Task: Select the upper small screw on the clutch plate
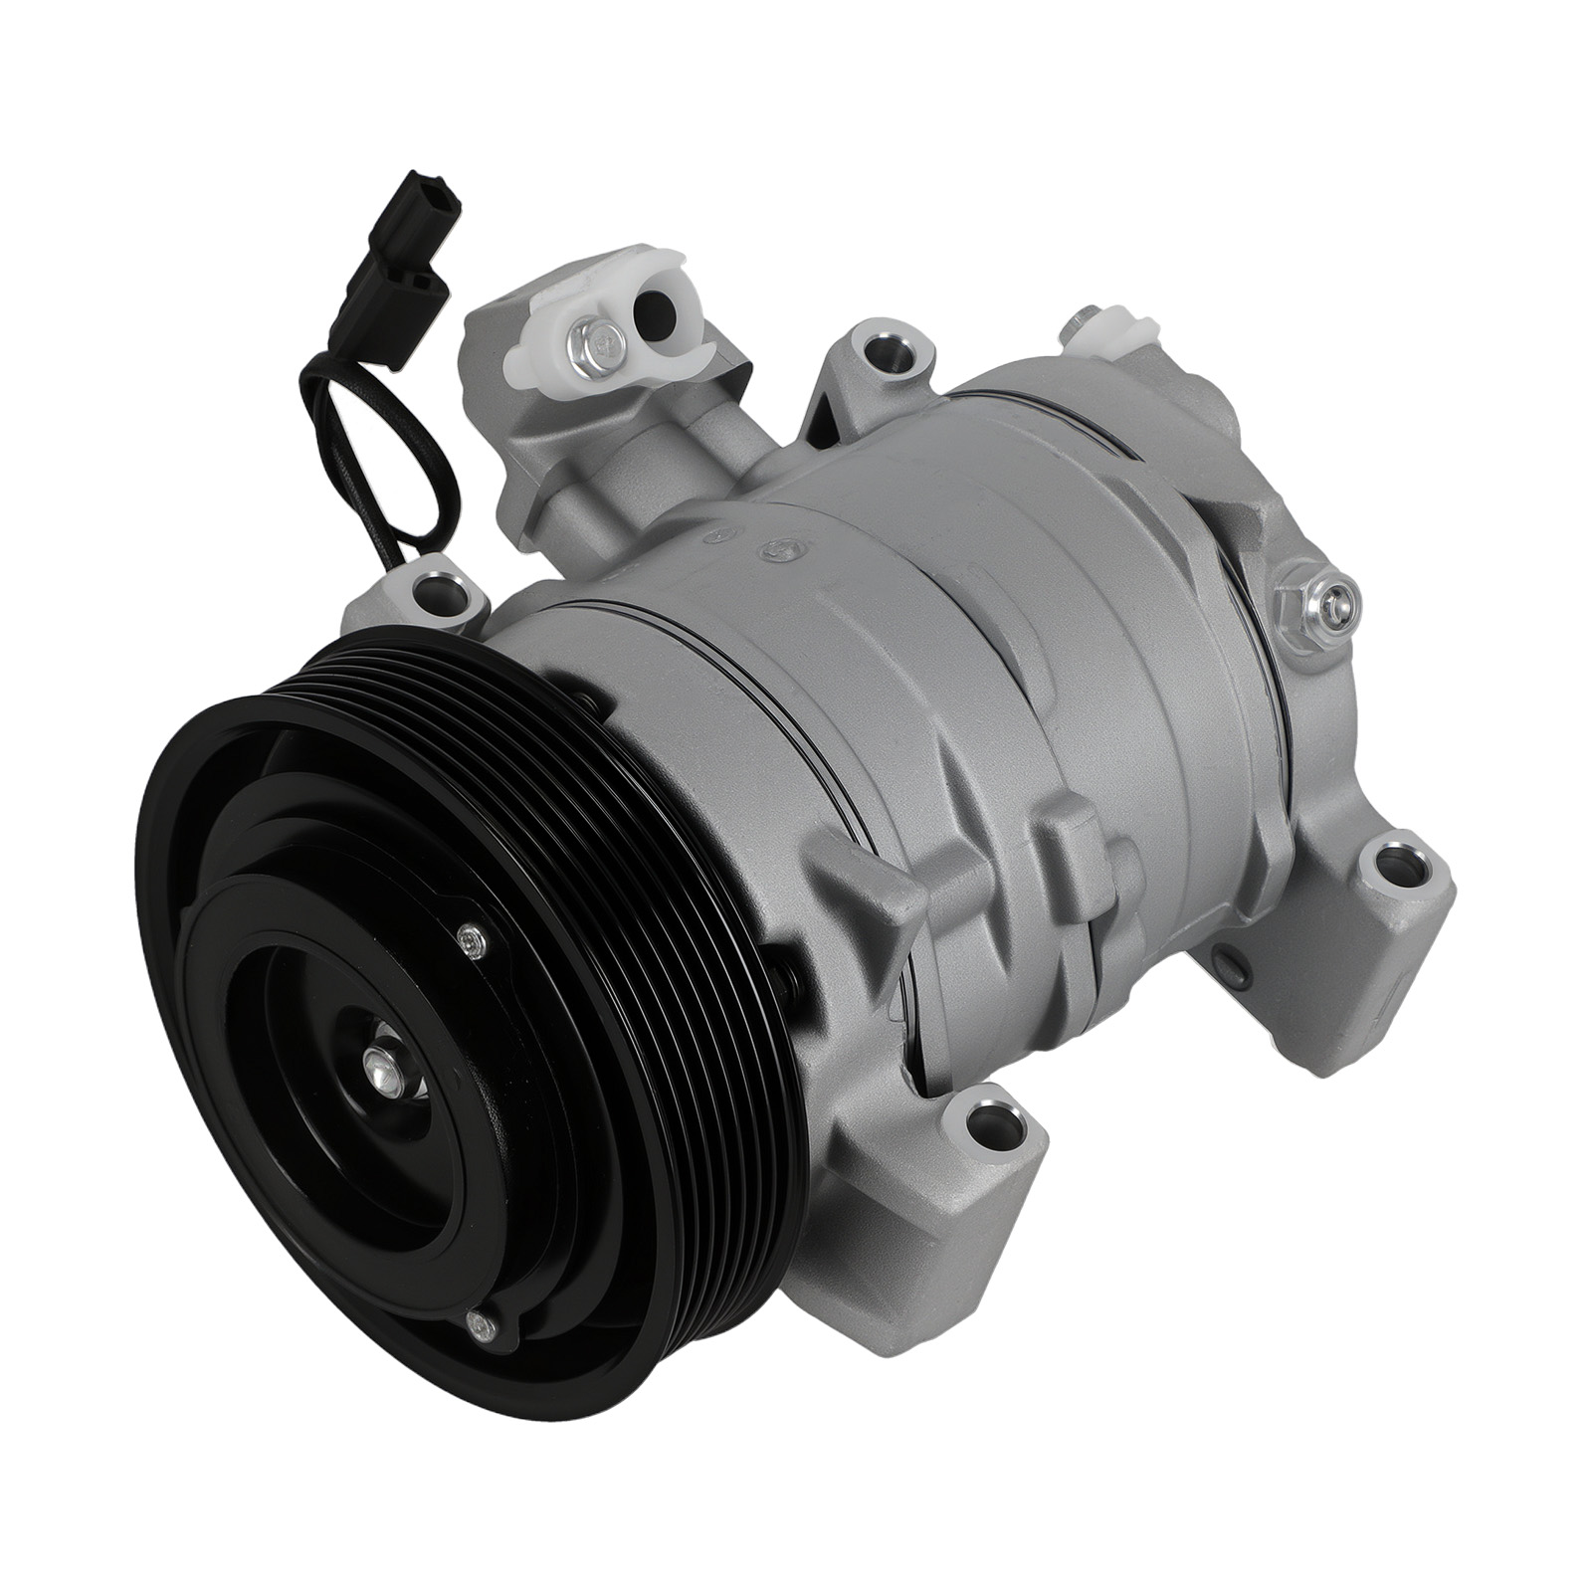coord(469,938)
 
